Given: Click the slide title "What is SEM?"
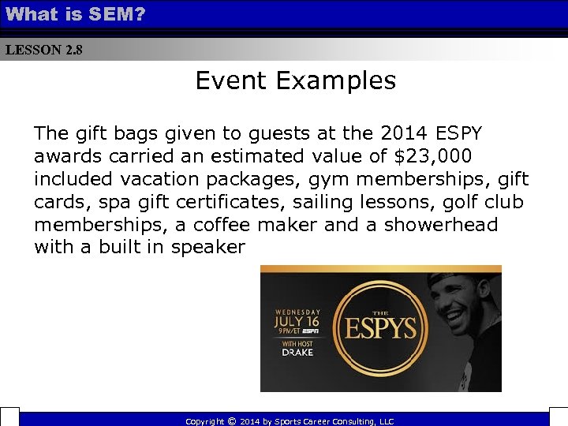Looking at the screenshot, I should tap(76, 13).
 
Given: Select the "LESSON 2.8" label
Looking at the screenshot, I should tap(43, 50).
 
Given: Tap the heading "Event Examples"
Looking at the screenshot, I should tap(296, 80).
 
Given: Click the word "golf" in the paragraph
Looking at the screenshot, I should tap(438, 201).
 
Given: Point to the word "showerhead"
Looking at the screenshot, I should tap(441, 224).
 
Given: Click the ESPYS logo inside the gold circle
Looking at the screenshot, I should tap(380, 327).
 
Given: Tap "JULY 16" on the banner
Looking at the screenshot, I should tap(297, 321).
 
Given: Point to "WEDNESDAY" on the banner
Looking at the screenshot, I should tap(297, 310).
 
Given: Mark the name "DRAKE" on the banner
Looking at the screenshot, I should tap(297, 352).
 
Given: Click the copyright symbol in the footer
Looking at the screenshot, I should tap(231, 421).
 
